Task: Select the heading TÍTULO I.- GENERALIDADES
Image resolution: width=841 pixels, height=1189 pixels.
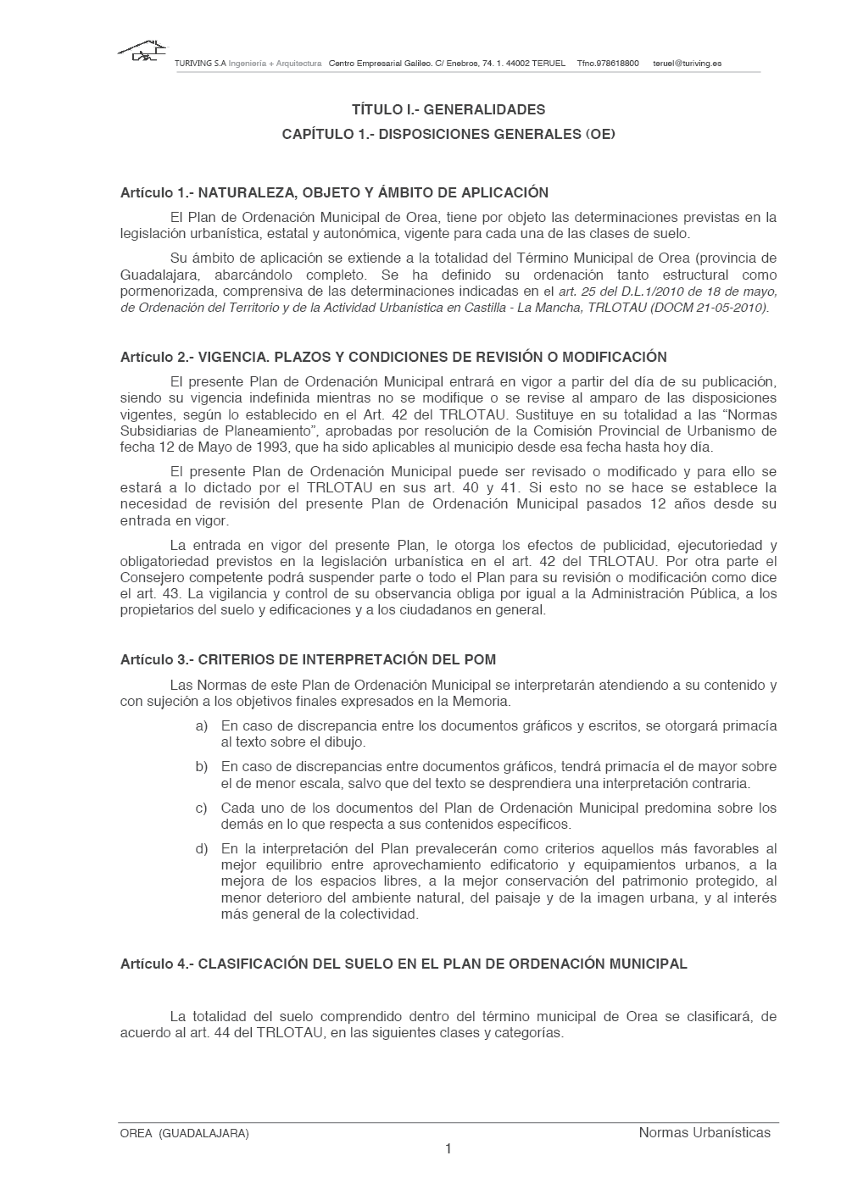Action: pyautogui.click(x=448, y=109)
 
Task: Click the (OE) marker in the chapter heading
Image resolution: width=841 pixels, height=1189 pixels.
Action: pyautogui.click(x=600, y=134)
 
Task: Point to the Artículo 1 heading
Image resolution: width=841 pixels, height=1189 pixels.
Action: pyautogui.click(x=334, y=192)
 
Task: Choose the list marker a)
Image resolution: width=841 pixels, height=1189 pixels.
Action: pyautogui.click(x=202, y=726)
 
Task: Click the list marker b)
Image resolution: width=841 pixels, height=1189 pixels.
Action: pyautogui.click(x=202, y=767)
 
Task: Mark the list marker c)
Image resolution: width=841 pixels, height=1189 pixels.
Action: pyautogui.click(x=202, y=808)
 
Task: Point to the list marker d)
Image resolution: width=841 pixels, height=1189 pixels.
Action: pyautogui.click(x=202, y=848)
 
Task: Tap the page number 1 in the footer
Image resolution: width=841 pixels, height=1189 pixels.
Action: pyautogui.click(x=448, y=1149)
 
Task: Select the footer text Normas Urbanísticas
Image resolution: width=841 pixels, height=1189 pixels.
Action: pyautogui.click(x=705, y=1132)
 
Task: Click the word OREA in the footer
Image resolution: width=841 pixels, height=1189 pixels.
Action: pyautogui.click(x=136, y=1133)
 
